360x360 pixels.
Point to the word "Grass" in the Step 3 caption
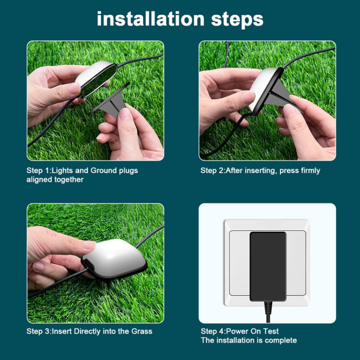pos(142,332)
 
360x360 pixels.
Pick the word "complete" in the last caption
pos(280,340)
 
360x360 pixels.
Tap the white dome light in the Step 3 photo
pos(113,254)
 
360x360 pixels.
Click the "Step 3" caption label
pos(37,332)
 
